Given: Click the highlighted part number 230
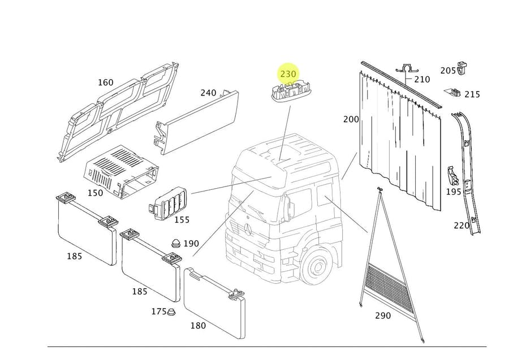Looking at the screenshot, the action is (x=288, y=74).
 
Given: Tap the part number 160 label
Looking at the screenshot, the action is (x=106, y=83).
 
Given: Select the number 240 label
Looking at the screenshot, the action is (x=208, y=93).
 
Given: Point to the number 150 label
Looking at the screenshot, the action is (x=95, y=193).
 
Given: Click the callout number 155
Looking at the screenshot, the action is (x=182, y=220).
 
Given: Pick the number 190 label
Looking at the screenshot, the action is (x=191, y=243).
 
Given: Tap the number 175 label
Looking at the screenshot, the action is (x=159, y=311).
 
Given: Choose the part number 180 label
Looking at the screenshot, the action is (x=198, y=326).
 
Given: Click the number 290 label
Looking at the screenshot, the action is (x=383, y=315).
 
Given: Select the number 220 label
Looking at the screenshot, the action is (x=461, y=225).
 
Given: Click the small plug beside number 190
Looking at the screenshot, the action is (x=176, y=243).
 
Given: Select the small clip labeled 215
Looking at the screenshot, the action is (x=454, y=93).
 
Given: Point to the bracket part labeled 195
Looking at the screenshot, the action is (x=452, y=176).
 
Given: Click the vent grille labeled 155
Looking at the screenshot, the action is (x=168, y=203).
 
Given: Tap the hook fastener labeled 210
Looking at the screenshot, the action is (x=407, y=71).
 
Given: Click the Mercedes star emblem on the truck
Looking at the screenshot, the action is (x=249, y=229).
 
